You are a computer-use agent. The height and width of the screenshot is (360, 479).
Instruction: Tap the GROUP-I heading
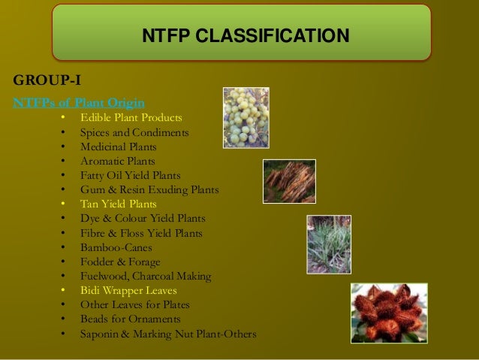(x=47, y=81)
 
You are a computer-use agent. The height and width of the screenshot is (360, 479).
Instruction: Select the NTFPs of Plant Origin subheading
(x=78, y=102)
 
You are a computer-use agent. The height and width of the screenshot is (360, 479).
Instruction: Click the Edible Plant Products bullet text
(x=131, y=118)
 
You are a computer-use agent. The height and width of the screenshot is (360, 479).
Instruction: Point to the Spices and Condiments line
(x=134, y=132)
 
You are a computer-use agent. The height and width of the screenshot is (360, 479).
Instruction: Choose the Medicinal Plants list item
(x=118, y=147)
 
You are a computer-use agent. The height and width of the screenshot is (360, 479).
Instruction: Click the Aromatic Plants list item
(x=118, y=161)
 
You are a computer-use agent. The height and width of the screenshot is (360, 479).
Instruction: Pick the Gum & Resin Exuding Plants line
(x=149, y=189)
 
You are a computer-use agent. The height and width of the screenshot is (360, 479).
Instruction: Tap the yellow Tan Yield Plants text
(x=118, y=204)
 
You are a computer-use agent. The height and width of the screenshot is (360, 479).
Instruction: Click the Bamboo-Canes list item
(x=116, y=247)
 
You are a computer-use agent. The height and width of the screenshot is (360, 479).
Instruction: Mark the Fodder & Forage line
(x=120, y=262)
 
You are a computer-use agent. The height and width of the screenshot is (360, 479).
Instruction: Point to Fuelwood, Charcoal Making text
(x=146, y=276)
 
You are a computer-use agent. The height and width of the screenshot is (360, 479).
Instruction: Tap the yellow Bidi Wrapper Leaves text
(x=128, y=290)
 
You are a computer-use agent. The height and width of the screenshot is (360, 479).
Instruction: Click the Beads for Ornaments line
(x=130, y=319)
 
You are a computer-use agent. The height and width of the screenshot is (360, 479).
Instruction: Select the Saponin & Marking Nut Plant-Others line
(x=168, y=333)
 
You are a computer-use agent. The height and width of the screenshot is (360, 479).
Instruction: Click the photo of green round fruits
(x=246, y=118)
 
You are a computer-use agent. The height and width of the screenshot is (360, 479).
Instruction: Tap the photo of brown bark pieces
(x=289, y=181)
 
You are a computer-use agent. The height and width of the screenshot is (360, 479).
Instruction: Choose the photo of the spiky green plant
(x=329, y=244)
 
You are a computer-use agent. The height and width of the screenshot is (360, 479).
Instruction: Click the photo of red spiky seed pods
(x=389, y=313)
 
